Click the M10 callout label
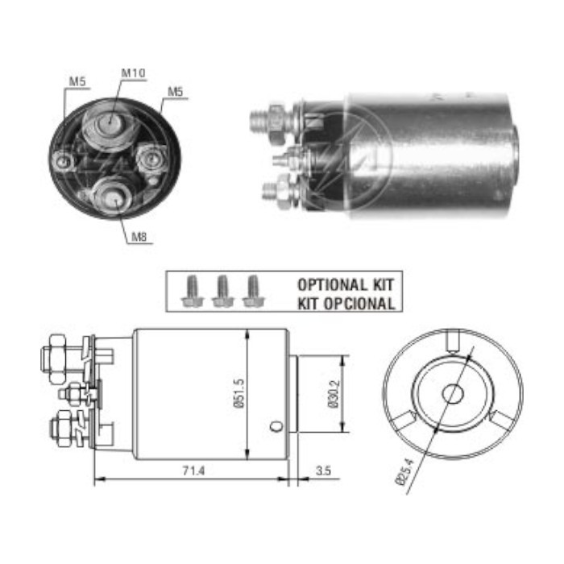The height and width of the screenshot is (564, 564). (133, 73)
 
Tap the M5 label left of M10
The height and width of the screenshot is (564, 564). (77, 81)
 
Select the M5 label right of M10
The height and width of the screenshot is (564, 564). (175, 92)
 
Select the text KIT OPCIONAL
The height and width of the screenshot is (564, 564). (346, 304)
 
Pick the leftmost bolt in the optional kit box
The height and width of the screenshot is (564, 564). (193, 291)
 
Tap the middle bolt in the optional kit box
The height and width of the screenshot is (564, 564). (223, 291)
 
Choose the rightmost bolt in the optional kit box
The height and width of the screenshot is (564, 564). (253, 291)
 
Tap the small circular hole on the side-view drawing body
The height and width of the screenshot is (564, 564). (276, 426)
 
